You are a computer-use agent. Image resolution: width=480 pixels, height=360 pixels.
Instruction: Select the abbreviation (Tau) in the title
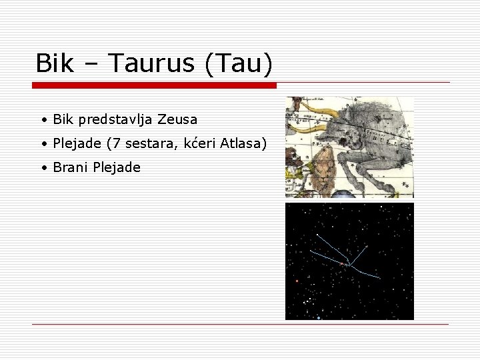click(x=239, y=64)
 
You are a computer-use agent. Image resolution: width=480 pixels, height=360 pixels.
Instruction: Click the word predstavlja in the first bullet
click(x=115, y=120)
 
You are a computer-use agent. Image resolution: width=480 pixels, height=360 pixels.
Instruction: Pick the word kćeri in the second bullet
click(x=197, y=143)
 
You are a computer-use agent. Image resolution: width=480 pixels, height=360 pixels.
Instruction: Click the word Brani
click(x=70, y=167)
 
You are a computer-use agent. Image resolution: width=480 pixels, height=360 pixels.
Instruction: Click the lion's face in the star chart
click(x=325, y=159)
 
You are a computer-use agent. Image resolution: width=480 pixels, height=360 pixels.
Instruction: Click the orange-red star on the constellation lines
click(x=342, y=264)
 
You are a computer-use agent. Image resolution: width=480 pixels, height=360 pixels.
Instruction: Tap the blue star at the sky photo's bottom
click(x=319, y=317)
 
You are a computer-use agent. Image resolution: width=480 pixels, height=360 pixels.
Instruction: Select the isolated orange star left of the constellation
click(x=297, y=281)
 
